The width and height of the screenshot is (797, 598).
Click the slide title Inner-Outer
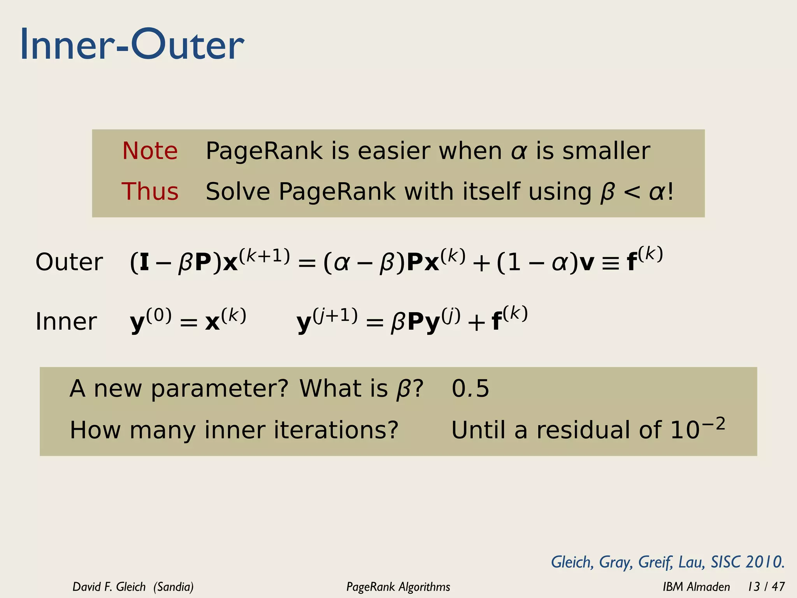(132, 45)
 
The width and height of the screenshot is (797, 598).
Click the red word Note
(150, 151)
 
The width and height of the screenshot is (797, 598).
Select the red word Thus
(150, 192)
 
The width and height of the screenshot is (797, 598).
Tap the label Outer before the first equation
(69, 262)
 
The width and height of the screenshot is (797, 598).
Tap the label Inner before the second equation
(66, 322)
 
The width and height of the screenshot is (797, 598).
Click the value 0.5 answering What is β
(470, 389)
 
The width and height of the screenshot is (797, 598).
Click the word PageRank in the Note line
(264, 151)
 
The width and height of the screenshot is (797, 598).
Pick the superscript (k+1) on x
(264, 256)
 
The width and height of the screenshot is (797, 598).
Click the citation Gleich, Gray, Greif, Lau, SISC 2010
(667, 562)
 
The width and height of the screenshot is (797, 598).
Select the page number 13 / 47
(766, 586)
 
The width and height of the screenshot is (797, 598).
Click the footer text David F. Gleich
(109, 586)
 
